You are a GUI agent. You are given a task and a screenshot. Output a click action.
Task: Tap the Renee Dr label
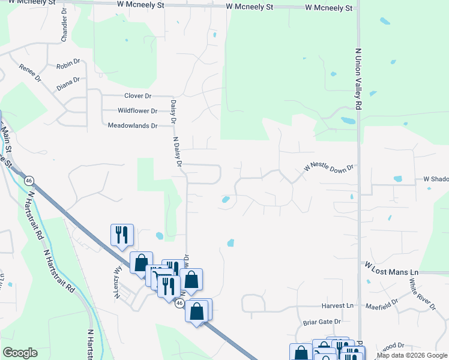[x=29, y=73]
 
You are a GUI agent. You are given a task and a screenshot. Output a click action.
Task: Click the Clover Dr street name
[x=138, y=96]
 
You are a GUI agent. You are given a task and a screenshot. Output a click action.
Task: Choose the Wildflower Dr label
[x=137, y=111]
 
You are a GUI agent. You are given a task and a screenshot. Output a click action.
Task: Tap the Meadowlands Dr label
[x=132, y=126]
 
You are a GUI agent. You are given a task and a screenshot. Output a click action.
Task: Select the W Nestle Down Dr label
[x=330, y=170]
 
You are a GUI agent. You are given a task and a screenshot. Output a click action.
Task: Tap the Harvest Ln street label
[x=337, y=306]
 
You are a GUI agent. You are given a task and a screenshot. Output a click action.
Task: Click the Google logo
[x=20, y=353]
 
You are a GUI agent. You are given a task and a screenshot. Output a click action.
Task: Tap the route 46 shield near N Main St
[x=28, y=180]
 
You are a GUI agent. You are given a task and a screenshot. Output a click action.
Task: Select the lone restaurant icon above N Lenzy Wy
[x=122, y=235]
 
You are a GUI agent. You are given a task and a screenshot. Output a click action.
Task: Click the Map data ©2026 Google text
[x=412, y=356]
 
